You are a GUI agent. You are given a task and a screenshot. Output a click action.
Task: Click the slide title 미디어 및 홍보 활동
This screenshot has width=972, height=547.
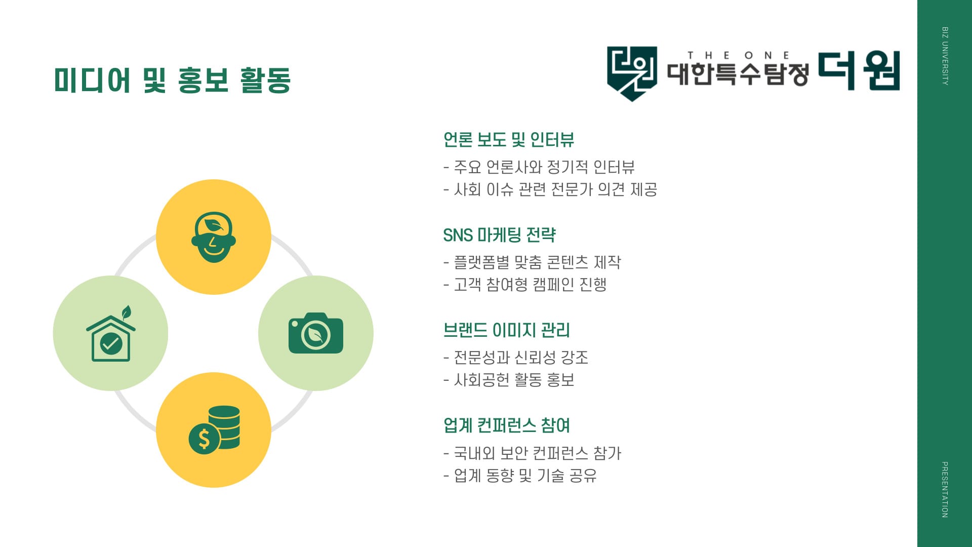point(173,80)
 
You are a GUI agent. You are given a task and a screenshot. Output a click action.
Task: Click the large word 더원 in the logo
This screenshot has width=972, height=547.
point(859,70)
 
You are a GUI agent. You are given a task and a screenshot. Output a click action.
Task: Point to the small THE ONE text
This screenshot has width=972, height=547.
point(739,55)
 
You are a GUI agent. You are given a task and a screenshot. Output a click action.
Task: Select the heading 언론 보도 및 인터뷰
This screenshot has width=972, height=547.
point(508,139)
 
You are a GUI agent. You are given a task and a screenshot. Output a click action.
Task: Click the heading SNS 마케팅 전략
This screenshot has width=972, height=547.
point(499,235)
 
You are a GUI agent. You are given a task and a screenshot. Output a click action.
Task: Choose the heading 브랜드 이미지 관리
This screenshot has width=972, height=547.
point(506,330)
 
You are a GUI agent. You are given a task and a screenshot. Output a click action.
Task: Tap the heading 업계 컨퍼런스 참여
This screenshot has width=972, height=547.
point(506,425)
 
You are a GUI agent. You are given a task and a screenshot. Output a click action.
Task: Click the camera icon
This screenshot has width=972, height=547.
point(316,333)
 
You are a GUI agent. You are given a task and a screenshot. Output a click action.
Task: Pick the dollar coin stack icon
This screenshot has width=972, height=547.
point(214,429)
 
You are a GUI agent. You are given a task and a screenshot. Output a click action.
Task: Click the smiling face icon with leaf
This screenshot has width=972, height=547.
point(214,237)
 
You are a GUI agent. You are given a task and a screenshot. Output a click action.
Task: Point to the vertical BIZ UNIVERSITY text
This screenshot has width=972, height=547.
point(945,56)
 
